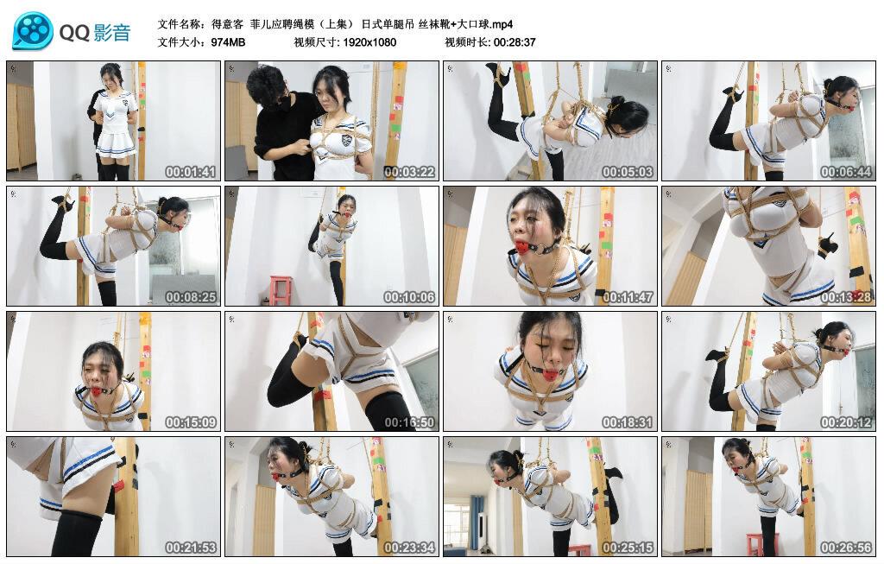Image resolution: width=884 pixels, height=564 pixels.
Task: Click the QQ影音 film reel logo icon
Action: pos(33,32)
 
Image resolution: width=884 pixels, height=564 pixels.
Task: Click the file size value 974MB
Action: pos(229,41)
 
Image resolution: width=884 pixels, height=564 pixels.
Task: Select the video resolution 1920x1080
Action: pos(369,41)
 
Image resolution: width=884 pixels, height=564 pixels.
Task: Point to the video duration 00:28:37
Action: pos(515,41)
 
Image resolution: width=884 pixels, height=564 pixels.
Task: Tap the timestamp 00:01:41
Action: pos(191,172)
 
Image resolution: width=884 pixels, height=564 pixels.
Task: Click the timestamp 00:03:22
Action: pos(409,172)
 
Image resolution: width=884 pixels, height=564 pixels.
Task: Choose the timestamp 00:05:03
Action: pos(628,172)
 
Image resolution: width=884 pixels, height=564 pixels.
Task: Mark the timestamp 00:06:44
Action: pos(846,172)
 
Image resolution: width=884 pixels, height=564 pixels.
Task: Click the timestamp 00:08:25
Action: pos(191,297)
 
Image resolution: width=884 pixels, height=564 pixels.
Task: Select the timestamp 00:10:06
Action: pos(409,297)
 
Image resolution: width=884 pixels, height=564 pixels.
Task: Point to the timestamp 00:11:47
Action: pos(628,297)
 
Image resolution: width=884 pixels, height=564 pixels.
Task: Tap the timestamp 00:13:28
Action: pos(846,297)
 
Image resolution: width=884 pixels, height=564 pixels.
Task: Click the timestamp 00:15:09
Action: pos(191,422)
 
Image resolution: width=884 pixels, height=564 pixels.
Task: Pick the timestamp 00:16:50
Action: pos(409,422)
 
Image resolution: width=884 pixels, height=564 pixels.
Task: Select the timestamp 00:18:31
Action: pos(628,422)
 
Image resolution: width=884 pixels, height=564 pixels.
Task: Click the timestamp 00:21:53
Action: pos(191,548)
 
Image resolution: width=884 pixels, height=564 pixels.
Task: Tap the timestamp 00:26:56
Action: pos(846,548)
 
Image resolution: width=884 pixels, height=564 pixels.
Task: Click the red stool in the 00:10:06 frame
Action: pos(281,289)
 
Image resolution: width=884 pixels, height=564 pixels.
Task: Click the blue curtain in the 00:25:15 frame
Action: pos(476,515)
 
